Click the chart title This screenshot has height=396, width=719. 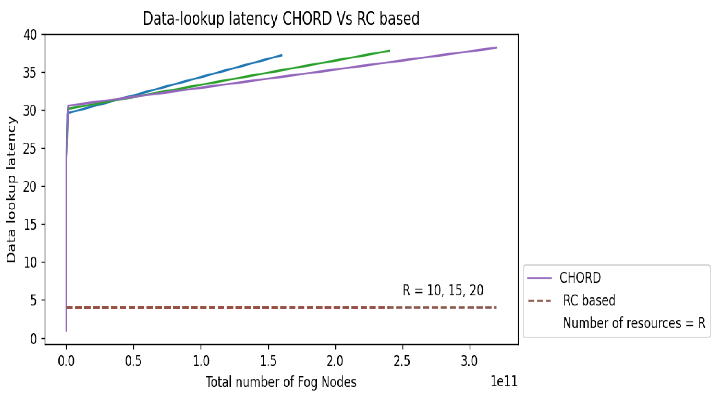pyautogui.click(x=281, y=19)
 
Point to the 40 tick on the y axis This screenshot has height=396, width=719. pyautogui.click(x=30, y=35)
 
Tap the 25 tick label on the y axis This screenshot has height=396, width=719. pyautogui.click(x=30, y=149)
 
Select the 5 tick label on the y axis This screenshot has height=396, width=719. pyautogui.click(x=33, y=301)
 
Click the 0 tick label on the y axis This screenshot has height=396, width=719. pyautogui.click(x=33, y=339)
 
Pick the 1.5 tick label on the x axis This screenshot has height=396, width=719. pyautogui.click(x=268, y=361)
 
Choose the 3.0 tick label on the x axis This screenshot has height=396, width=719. pyautogui.click(x=470, y=361)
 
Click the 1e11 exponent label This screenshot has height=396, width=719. pyautogui.click(x=504, y=381)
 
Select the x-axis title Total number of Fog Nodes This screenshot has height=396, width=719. pyautogui.click(x=281, y=382)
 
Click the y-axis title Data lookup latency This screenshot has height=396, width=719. pyautogui.click(x=12, y=190)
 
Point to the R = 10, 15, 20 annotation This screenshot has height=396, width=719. pyautogui.click(x=443, y=290)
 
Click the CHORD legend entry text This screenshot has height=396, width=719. pyautogui.click(x=580, y=278)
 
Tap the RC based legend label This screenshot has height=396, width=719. pyautogui.click(x=589, y=300)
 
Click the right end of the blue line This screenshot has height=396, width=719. pyautogui.click(x=282, y=55)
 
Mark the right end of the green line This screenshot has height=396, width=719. pyautogui.click(x=389, y=51)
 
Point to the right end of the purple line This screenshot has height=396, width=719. pyautogui.click(x=497, y=48)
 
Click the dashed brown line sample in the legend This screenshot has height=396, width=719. pyautogui.click(x=540, y=301)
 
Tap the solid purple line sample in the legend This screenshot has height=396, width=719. pyautogui.click(x=540, y=278)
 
